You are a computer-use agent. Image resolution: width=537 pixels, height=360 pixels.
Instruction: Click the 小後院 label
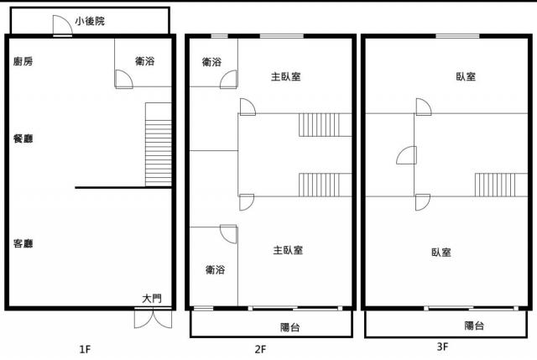(x=90, y=21)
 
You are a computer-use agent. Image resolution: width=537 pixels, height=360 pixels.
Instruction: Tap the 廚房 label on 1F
(x=23, y=61)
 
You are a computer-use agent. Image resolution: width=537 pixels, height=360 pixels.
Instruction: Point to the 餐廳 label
(x=23, y=138)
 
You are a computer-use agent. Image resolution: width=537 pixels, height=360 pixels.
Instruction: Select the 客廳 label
(x=23, y=243)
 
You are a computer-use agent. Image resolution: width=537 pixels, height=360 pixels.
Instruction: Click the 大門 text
(x=152, y=299)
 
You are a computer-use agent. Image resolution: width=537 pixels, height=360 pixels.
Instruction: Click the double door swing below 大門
(x=153, y=319)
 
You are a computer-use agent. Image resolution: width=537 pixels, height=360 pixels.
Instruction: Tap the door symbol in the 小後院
(x=62, y=25)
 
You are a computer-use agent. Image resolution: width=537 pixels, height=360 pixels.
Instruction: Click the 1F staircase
(x=159, y=144)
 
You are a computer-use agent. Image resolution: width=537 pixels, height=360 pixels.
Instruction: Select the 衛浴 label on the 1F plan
(x=145, y=61)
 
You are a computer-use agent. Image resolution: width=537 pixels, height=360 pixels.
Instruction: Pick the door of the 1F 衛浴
(x=124, y=79)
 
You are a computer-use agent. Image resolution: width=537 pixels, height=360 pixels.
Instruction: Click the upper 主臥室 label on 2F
(x=286, y=76)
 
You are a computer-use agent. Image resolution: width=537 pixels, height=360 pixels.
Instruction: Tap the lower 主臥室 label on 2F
(x=288, y=250)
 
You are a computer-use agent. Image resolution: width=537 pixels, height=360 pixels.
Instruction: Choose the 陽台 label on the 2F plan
(x=290, y=327)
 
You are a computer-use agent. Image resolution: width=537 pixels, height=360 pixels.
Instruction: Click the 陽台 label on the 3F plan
(x=474, y=326)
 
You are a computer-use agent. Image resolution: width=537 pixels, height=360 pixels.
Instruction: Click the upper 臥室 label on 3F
(x=466, y=76)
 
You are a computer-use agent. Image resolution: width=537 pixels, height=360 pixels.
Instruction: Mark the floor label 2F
(x=260, y=349)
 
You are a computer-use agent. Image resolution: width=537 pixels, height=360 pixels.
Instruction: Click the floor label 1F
(x=85, y=349)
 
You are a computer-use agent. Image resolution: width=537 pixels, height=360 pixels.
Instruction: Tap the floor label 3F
(x=442, y=347)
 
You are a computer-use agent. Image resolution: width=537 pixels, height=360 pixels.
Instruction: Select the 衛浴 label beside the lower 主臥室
(x=215, y=270)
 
